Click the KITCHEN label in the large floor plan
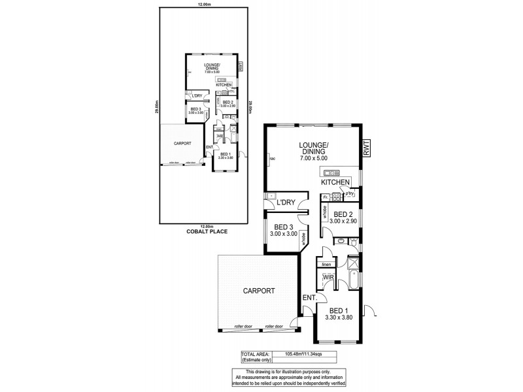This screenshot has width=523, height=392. (335, 184)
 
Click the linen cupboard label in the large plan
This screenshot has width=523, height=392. (325, 264)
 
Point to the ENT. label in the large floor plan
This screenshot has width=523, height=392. (309, 298)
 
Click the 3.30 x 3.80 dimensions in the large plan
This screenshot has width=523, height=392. (338, 318)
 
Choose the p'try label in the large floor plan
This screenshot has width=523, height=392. (350, 194)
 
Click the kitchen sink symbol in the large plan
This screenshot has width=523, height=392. (328, 172)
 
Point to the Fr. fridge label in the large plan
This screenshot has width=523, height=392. (325, 197)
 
